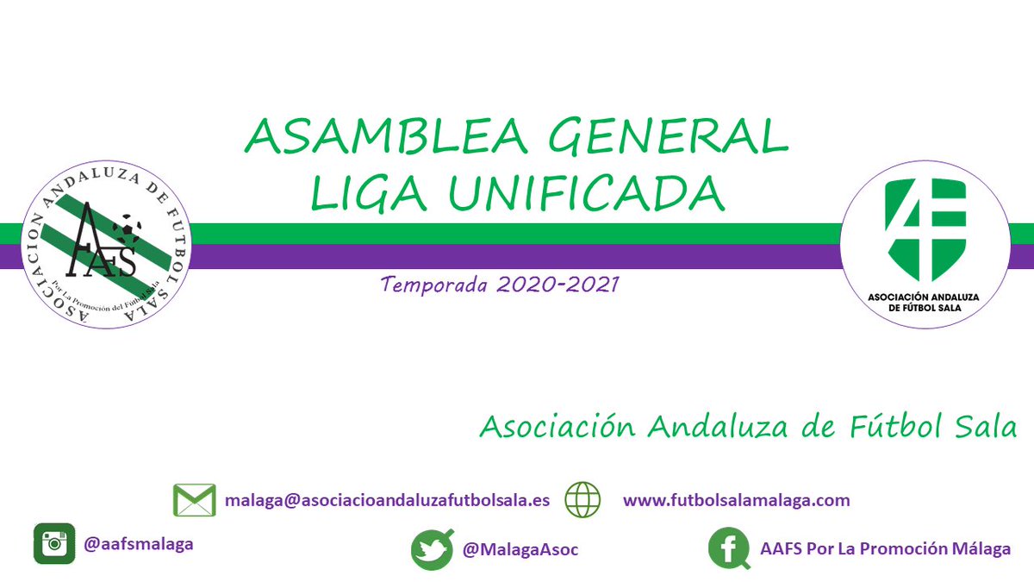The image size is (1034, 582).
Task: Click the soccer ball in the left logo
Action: (x=127, y=228)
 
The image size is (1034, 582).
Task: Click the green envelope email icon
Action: (x=194, y=501)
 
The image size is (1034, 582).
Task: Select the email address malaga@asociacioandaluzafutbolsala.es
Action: (x=387, y=500)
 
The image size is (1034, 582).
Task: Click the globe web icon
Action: (x=582, y=500)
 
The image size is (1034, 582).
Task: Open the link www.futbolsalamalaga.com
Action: (x=736, y=500)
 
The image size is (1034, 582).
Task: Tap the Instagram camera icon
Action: (x=54, y=544)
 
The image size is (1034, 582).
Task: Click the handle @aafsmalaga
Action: (x=139, y=544)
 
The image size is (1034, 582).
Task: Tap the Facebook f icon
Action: (x=729, y=549)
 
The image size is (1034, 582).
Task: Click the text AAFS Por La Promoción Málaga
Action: (x=886, y=549)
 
